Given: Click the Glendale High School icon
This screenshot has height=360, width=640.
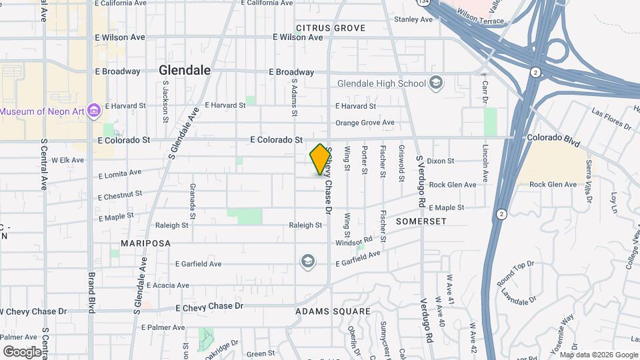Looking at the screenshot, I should (x=437, y=83).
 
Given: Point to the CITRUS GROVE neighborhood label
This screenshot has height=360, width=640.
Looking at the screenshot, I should (x=331, y=28).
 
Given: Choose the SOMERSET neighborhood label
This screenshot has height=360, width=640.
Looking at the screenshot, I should (x=420, y=220).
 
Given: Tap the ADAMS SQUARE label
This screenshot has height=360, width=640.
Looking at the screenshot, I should (x=333, y=311).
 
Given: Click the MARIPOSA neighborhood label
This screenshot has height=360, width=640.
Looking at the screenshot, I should (x=146, y=243).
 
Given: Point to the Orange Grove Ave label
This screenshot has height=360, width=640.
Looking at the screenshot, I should (x=365, y=123).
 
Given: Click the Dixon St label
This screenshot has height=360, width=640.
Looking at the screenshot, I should (x=441, y=161).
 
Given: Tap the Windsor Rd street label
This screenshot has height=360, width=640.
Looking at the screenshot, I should (x=354, y=241).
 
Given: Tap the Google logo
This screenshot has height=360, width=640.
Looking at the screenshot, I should (x=22, y=351).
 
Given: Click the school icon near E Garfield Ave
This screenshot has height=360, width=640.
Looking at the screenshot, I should (x=307, y=260).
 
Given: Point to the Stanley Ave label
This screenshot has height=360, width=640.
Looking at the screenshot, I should (x=413, y=19).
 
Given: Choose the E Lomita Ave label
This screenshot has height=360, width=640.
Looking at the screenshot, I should (x=120, y=174).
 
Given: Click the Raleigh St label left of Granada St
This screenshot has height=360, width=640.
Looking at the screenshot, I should (x=172, y=225).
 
